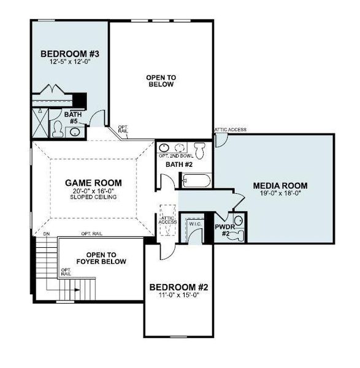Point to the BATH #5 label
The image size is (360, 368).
click(74, 117)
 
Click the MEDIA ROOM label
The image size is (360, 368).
click(280, 185)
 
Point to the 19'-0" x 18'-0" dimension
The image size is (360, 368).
click(280, 193)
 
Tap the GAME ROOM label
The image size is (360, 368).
click(93, 182)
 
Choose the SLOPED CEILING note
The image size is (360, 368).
click(93, 197)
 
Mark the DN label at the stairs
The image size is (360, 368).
click(46, 234)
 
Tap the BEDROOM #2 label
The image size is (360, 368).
click(175, 286)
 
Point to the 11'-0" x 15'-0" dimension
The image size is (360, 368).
click(175, 295)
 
